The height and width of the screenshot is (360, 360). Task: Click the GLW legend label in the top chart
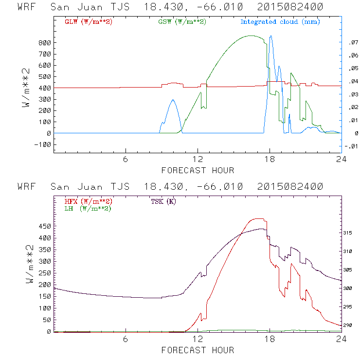pos(88,22)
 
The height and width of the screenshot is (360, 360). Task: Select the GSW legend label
pos(182,22)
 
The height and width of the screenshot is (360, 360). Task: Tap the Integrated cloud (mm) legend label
pos(280,22)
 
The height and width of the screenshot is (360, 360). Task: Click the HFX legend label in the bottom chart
pos(88,201)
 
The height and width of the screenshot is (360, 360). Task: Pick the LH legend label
pos(88,208)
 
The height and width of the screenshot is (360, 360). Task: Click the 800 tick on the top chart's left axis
pos(45,43)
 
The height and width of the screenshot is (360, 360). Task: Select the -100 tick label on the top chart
pos(44,144)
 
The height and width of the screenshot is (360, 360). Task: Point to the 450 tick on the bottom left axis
pos(45,227)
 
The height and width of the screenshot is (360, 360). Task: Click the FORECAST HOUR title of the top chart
pos(198,170)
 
